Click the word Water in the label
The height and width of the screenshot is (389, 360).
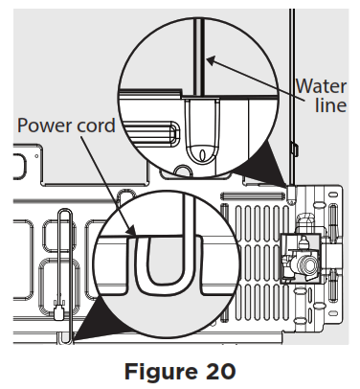pos(320,84)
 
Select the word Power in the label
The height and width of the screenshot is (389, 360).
pos(43,126)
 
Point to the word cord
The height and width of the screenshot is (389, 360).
pos(96,126)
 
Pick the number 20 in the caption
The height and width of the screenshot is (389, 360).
pos(221,369)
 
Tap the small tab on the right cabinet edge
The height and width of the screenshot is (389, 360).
pos(292,147)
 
